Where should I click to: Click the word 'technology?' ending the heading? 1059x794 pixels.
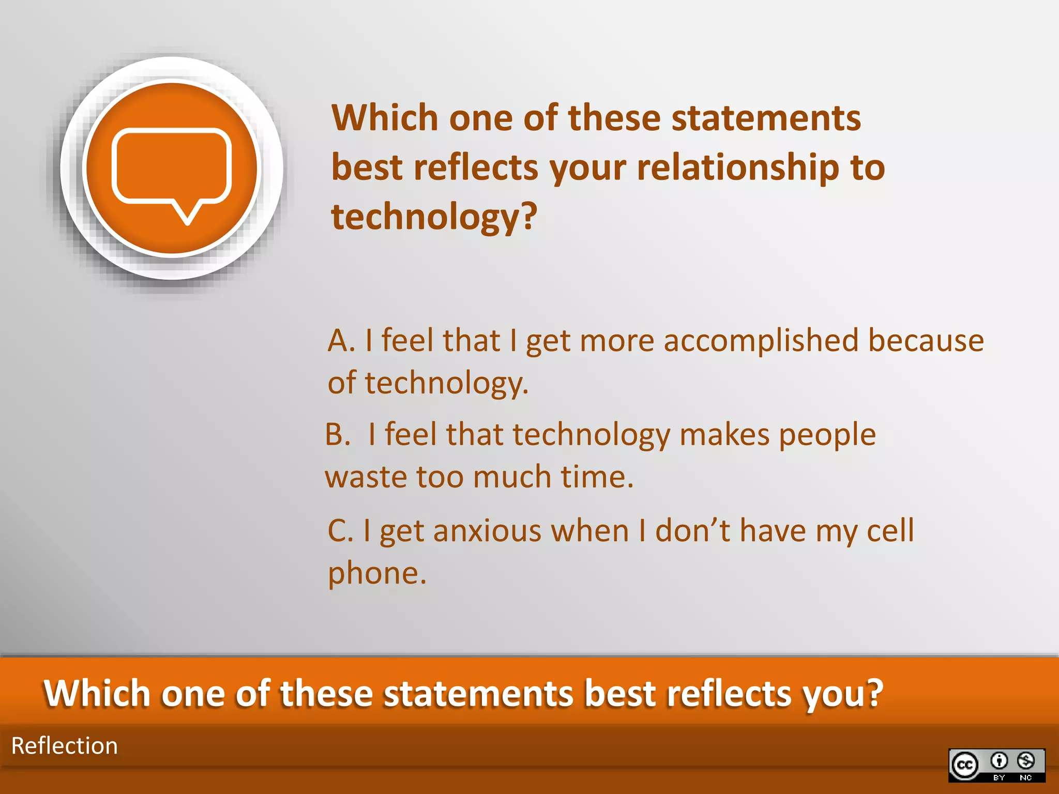pos(434,217)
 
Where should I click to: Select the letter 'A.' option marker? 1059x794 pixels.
pos(341,341)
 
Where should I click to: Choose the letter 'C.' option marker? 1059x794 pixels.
pos(340,531)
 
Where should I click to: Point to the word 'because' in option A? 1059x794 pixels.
pos(926,341)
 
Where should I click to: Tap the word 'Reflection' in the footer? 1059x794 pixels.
pos(65,746)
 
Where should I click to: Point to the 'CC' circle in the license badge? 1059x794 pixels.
pos(965,765)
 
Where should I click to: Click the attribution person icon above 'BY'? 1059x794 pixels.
pos(999,760)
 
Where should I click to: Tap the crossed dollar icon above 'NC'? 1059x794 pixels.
pos(1026,760)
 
